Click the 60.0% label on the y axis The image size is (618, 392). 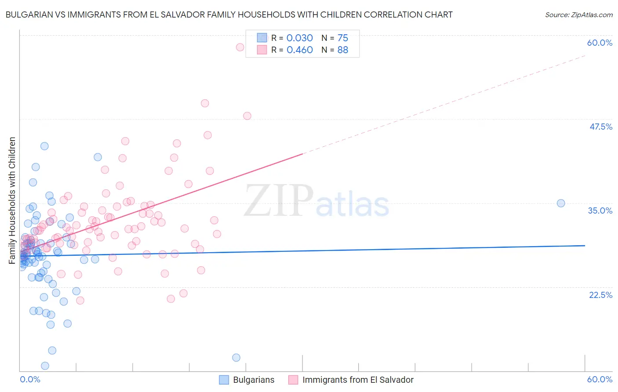click(x=600, y=43)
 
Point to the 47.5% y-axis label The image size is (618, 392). click(x=600, y=127)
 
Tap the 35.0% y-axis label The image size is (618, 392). click(x=600, y=211)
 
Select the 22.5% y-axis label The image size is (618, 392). click(x=600, y=295)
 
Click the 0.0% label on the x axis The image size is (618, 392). click(x=30, y=379)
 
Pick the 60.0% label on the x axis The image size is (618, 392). click(x=600, y=379)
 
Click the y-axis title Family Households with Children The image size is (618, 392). click(x=12, y=200)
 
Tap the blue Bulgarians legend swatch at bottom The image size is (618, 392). click(x=224, y=380)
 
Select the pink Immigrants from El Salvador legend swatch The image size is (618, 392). click(x=293, y=380)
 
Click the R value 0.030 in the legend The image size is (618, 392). click(x=299, y=38)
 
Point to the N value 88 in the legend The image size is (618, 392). click(x=342, y=50)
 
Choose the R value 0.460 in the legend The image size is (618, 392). click(x=299, y=50)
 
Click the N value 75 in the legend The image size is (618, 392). click(x=342, y=38)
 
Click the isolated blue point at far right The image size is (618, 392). click(x=561, y=203)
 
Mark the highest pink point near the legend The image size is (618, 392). click(x=240, y=47)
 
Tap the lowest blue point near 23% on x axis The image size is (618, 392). click(x=236, y=358)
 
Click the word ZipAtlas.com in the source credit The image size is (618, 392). click(x=592, y=15)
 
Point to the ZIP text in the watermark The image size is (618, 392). click(x=279, y=200)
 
